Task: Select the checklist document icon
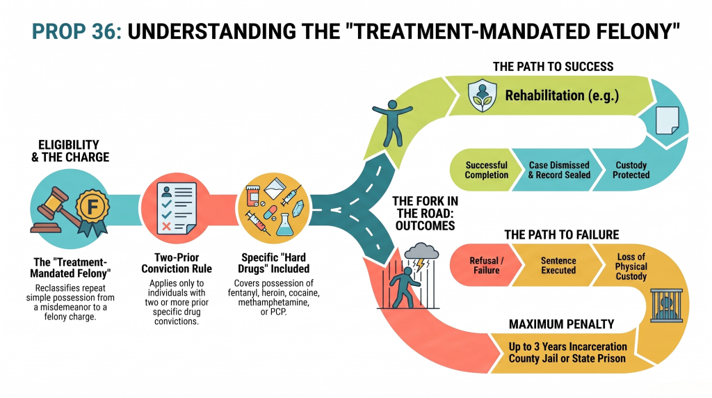177,208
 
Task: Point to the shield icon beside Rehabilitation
482,95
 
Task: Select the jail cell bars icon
666,305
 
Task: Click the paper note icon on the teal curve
667,120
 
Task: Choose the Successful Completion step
486,170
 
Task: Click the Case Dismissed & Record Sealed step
560,170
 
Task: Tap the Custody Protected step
631,170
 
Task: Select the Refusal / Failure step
486,265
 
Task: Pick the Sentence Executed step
558,265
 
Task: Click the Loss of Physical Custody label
631,266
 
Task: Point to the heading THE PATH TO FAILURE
562,234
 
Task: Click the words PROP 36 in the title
76,32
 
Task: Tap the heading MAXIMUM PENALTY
561,324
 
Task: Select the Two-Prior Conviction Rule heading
177,263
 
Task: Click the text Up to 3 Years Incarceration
567,347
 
